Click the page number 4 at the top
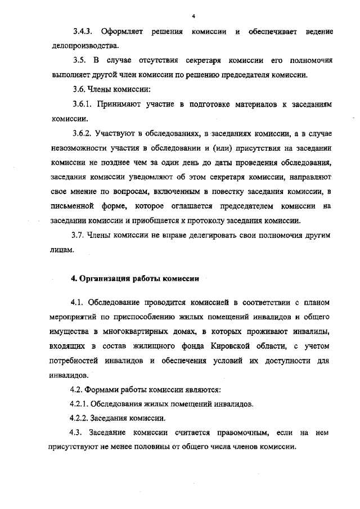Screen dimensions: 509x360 [193, 16]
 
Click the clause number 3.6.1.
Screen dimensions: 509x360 [84, 105]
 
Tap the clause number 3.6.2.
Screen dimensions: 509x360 [84, 134]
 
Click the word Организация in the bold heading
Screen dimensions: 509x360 [103, 278]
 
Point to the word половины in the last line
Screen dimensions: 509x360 [156, 447]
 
